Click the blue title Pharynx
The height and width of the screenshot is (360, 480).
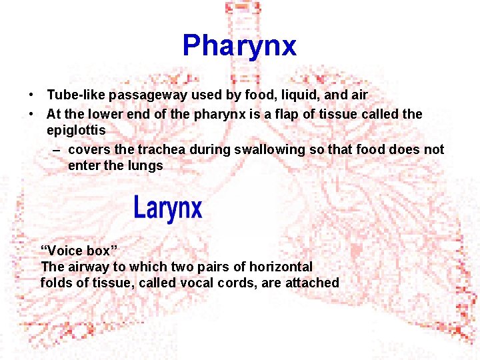(x=239, y=46)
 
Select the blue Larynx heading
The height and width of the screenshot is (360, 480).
(x=167, y=208)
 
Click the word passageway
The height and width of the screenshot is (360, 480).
(x=143, y=95)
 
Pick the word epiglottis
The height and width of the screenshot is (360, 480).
(x=76, y=131)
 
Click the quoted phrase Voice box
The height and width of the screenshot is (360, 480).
(x=79, y=251)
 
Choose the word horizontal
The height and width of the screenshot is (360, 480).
(x=281, y=267)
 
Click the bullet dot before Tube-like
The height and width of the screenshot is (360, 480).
(x=31, y=96)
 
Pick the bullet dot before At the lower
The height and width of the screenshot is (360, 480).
(x=31, y=115)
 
